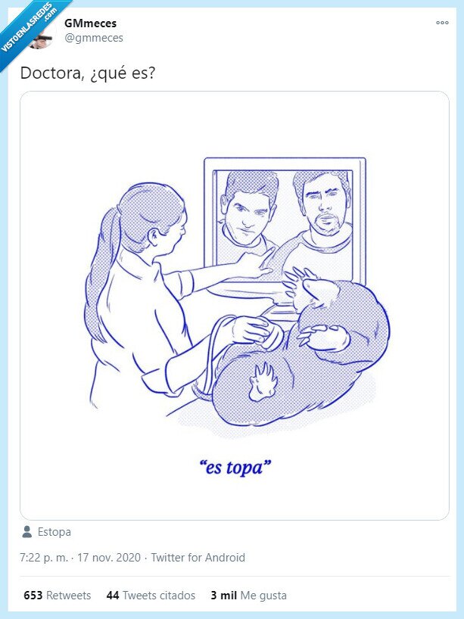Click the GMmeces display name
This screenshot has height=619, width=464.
click(x=90, y=23)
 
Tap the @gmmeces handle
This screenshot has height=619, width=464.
click(x=93, y=38)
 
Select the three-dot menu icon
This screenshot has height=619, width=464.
click(x=442, y=23)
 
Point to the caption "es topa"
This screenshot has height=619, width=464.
click(x=238, y=467)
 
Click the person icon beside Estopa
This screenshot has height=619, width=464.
click(x=27, y=531)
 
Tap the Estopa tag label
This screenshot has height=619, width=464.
click(x=54, y=532)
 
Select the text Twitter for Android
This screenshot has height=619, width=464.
click(x=198, y=558)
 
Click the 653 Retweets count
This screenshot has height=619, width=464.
click(x=57, y=596)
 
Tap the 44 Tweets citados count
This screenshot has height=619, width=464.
click(x=151, y=596)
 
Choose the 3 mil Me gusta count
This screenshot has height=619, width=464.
click(x=248, y=596)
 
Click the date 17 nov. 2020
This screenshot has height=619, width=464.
click(x=108, y=558)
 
